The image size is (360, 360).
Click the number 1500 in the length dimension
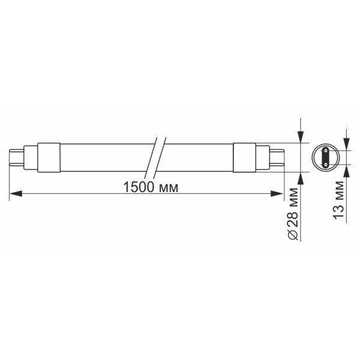click(x=137, y=187)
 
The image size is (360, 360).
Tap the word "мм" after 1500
click(x=168, y=187)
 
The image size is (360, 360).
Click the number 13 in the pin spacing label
click(x=338, y=211)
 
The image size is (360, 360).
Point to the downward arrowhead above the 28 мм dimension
click(x=299, y=136)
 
